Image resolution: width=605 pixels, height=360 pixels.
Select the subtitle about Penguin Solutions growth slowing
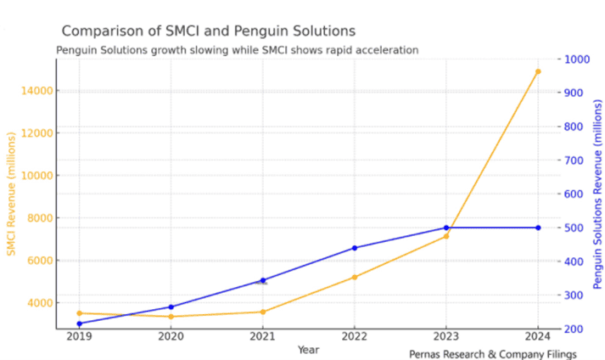(x=237, y=50)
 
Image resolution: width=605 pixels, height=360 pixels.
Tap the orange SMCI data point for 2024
(x=538, y=71)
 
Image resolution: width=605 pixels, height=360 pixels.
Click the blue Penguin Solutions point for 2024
(x=538, y=228)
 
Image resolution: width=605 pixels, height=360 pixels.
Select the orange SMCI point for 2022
(x=355, y=277)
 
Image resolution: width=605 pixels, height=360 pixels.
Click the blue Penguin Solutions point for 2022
(x=355, y=248)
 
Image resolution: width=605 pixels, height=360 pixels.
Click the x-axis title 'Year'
(x=309, y=350)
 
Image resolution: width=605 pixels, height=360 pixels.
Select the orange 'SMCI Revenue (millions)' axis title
(x=11, y=194)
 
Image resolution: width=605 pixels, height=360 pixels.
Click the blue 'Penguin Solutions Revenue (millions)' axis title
(x=597, y=194)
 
